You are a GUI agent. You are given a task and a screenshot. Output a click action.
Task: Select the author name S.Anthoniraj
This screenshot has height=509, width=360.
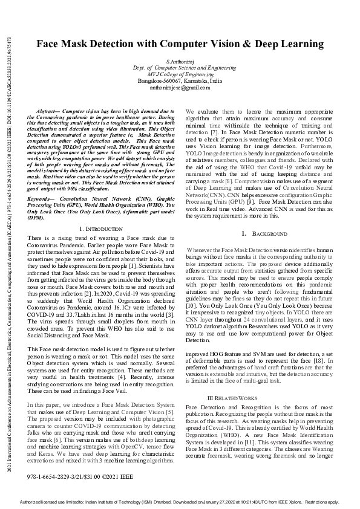click(x=180, y=61)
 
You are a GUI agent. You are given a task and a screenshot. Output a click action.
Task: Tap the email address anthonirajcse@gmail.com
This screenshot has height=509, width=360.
click(x=180, y=88)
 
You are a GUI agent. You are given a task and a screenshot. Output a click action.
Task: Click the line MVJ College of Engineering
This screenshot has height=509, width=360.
click(x=180, y=74)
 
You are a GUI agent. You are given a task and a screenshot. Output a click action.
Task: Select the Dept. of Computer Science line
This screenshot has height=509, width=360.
click(x=180, y=68)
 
